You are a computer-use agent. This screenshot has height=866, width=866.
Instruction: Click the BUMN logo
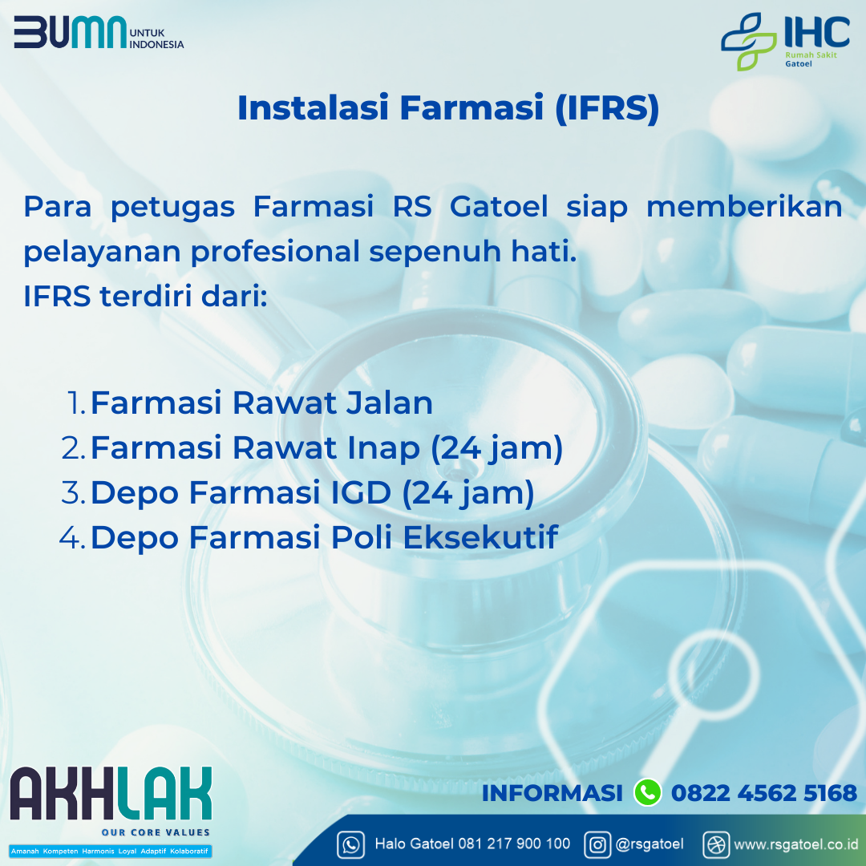99,32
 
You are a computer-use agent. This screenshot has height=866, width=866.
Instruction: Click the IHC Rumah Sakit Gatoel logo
785,42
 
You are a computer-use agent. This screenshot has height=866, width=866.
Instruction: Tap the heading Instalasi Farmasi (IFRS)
448,107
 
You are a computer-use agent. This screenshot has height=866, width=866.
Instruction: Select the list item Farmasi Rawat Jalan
261,402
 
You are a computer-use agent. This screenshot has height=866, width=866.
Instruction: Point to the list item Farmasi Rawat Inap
326,448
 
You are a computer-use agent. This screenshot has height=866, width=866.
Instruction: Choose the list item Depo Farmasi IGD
312,492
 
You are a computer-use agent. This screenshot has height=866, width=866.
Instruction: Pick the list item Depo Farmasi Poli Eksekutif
324,536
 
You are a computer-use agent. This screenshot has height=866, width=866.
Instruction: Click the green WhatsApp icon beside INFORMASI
647,792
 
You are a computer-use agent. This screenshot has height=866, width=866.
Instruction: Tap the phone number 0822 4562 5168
764,793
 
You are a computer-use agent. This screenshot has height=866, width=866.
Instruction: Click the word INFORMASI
552,793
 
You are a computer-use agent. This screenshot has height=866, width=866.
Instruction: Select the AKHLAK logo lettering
111,793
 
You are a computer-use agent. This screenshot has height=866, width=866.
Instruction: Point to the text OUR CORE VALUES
156,832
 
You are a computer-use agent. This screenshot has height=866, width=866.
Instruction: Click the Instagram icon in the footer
597,845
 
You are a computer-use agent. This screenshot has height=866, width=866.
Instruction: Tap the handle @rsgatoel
649,844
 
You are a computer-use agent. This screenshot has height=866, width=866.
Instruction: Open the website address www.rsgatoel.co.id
796,844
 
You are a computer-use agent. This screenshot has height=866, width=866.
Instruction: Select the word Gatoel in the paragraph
499,207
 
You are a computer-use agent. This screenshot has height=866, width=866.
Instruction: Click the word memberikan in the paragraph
744,207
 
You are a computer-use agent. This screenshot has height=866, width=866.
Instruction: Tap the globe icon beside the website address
716,845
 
